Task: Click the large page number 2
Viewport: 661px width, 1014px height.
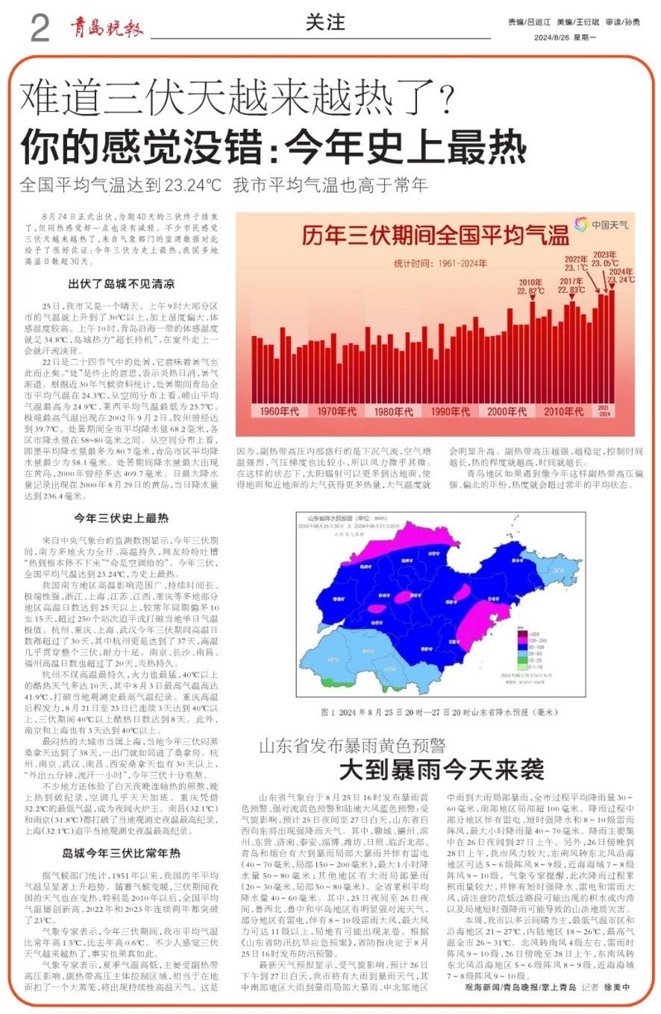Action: click(x=39, y=28)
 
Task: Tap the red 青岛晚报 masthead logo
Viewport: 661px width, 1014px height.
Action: click(x=106, y=27)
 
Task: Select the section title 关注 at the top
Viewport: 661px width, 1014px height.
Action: click(x=325, y=23)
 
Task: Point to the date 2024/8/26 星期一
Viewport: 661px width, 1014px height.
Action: click(x=565, y=37)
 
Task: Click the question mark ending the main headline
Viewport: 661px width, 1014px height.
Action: click(x=446, y=99)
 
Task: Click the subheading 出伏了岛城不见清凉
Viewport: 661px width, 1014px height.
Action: click(x=121, y=284)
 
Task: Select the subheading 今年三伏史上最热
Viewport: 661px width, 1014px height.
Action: click(x=121, y=518)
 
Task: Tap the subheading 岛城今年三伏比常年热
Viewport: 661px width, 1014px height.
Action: click(x=121, y=853)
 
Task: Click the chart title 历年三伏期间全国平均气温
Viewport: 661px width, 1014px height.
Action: click(x=435, y=235)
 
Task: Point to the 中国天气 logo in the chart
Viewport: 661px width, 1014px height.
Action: click(x=601, y=224)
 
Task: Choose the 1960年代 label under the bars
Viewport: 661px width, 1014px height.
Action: click(x=280, y=412)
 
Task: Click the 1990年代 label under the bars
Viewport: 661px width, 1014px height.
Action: click(x=450, y=412)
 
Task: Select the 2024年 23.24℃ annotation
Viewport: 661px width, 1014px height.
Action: click(x=621, y=275)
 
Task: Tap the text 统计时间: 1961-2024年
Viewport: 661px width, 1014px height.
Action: click(x=440, y=263)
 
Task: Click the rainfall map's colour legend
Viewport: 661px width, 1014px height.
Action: click(x=535, y=650)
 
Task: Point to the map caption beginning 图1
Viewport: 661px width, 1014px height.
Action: click(x=439, y=712)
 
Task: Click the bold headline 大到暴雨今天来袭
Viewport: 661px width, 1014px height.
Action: click(x=442, y=770)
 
